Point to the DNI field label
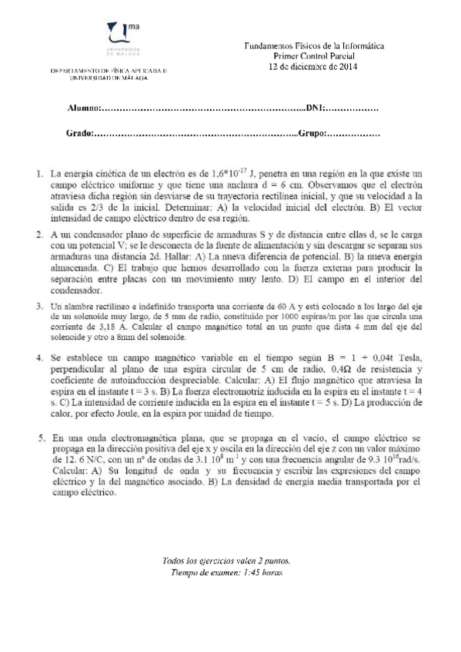pyautogui.click(x=316, y=108)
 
